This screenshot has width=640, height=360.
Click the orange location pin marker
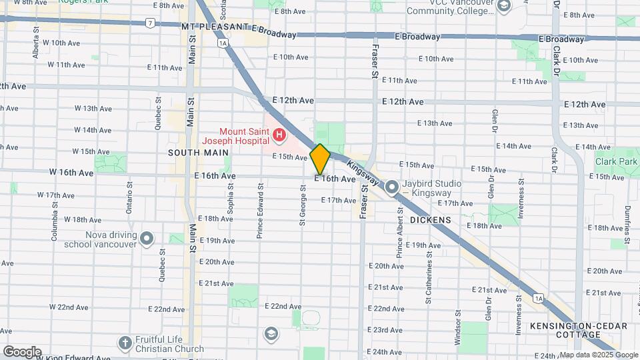tap(320, 159)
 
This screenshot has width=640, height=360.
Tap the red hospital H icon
tap(279, 137)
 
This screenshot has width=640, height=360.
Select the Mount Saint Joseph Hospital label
tap(236, 136)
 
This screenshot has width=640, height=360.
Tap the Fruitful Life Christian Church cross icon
tap(123, 343)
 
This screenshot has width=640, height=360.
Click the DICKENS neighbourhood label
tap(430, 219)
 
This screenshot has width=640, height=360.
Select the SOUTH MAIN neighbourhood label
tap(194, 153)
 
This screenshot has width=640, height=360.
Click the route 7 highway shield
tap(151, 23)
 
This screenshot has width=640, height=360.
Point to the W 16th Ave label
tap(71, 173)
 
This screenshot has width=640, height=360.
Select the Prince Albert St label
tap(399, 231)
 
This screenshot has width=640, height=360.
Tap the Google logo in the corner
tap(22, 351)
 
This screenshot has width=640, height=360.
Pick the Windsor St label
tap(458, 326)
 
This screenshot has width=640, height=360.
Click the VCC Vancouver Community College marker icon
tap(503, 7)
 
